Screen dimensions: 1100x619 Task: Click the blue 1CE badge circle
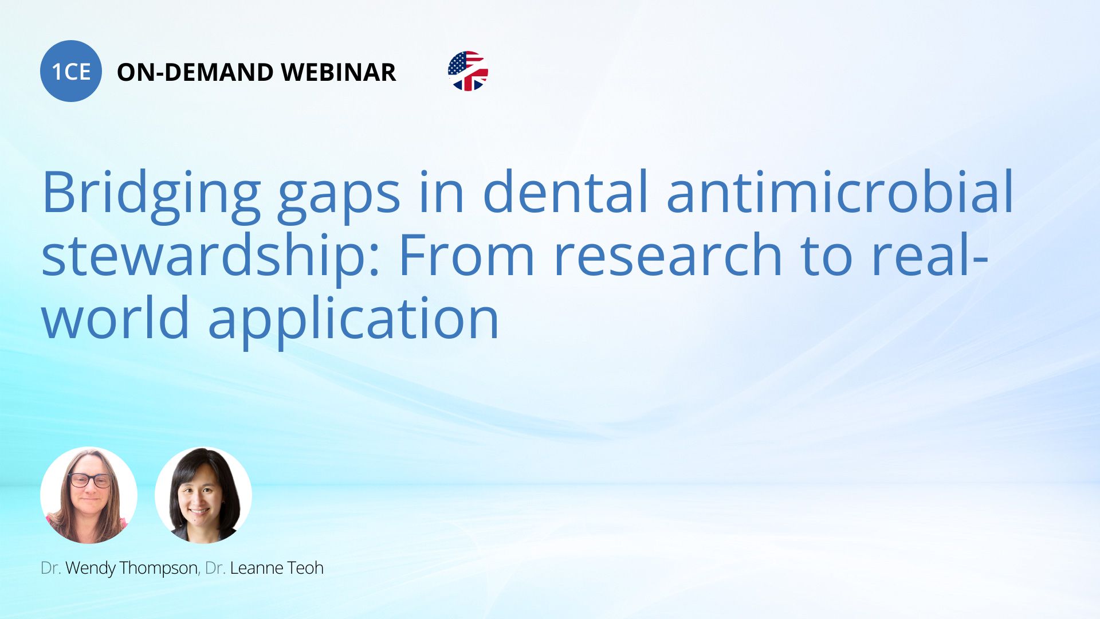(x=71, y=71)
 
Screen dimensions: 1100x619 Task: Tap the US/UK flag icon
(x=468, y=71)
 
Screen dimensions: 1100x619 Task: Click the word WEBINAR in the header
(x=339, y=72)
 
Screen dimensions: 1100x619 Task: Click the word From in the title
(x=466, y=256)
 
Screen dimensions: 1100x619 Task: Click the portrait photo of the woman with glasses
(x=89, y=495)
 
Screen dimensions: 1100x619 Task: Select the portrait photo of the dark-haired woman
(x=203, y=495)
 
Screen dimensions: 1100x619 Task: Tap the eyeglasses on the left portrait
(x=89, y=480)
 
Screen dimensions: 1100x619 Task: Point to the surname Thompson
(x=159, y=568)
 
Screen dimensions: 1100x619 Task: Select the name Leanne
(x=257, y=568)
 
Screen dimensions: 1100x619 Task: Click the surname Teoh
(x=305, y=568)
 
